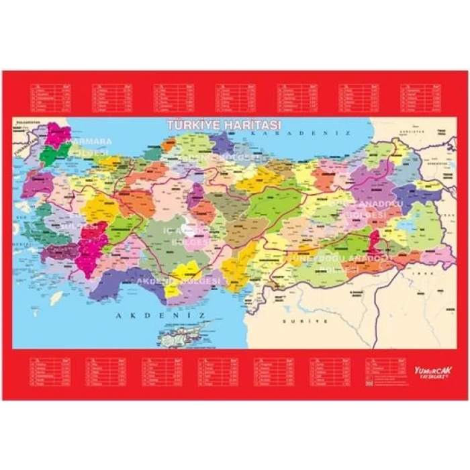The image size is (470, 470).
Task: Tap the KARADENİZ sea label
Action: coord(295,134)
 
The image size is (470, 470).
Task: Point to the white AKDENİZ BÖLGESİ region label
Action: coord(178,281)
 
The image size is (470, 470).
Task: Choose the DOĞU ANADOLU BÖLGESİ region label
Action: coord(366,208)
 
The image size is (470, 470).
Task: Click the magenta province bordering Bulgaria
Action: coord(57,134)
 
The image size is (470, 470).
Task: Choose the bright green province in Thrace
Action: coord(48,156)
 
